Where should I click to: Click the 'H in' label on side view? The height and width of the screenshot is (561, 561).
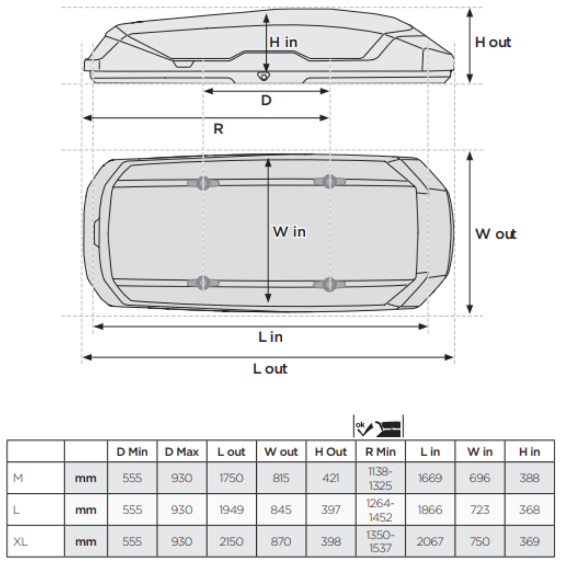click(283, 42)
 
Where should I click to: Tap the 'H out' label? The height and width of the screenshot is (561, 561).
click(493, 43)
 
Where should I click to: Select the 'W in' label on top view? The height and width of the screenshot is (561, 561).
click(289, 231)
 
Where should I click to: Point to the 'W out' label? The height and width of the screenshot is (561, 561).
click(496, 234)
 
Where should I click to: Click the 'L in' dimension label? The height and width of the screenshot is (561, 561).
click(270, 337)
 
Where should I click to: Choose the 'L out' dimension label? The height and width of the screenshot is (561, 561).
click(270, 369)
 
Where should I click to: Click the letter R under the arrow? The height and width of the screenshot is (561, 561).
click(218, 129)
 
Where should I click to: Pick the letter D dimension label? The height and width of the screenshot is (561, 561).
click(266, 100)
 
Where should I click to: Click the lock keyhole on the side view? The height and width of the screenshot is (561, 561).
click(264, 76)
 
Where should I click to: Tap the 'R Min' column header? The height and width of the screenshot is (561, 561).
click(380, 452)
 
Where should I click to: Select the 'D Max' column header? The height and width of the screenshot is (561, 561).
click(182, 452)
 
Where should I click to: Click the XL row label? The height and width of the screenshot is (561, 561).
click(21, 541)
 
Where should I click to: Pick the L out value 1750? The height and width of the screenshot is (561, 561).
click(231, 478)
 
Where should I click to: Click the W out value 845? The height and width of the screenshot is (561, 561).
click(281, 510)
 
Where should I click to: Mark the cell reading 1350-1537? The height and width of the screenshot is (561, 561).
click(380, 541)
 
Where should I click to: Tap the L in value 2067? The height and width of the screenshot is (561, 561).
click(430, 541)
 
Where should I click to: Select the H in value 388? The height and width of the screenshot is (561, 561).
click(529, 478)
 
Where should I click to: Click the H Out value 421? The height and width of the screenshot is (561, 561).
click(331, 478)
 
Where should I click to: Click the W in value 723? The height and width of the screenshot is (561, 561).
click(480, 510)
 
